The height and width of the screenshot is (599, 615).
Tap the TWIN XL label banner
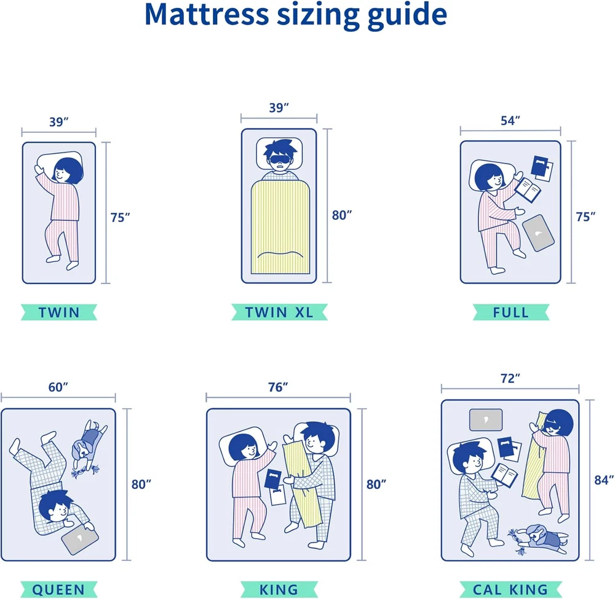point(279,312)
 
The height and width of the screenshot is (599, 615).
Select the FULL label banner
point(510,312)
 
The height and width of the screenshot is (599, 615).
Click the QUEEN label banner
point(59,589)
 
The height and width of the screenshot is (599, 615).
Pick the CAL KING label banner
point(510,589)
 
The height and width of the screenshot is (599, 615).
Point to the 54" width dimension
point(510,121)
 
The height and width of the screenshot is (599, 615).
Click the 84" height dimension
point(604,480)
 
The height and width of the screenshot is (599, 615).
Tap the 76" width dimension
point(278,387)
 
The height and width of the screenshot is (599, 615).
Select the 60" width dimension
point(58,387)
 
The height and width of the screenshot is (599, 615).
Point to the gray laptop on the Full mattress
point(538,232)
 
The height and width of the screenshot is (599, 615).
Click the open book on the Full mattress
point(527,190)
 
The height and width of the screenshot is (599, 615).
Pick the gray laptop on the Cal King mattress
point(486,419)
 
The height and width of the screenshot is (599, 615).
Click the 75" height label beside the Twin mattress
point(120,217)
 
